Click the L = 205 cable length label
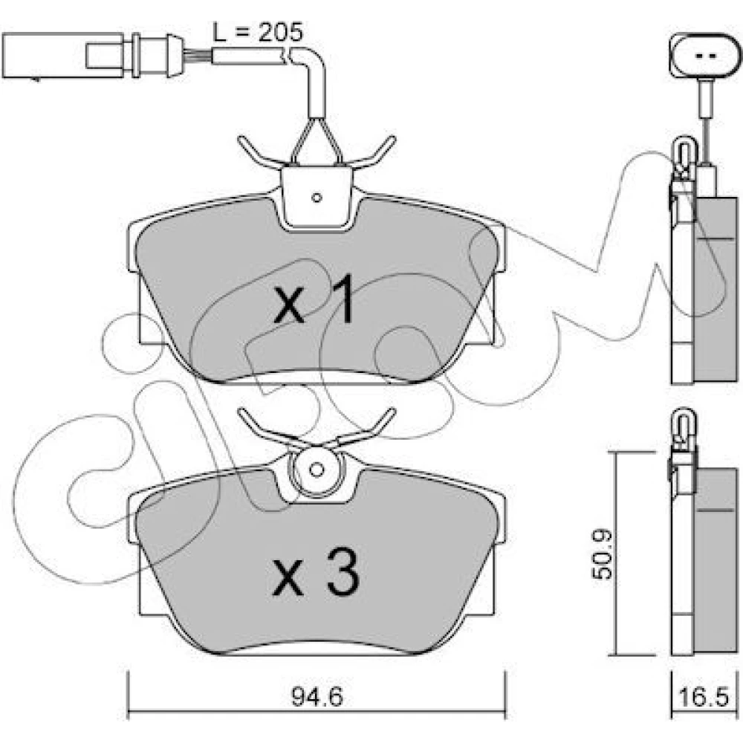(x=257, y=32)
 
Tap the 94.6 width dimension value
(x=317, y=697)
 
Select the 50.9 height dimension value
(x=603, y=554)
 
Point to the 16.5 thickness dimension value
(x=703, y=697)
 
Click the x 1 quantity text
(x=314, y=299)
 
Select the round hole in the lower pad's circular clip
(x=316, y=470)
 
